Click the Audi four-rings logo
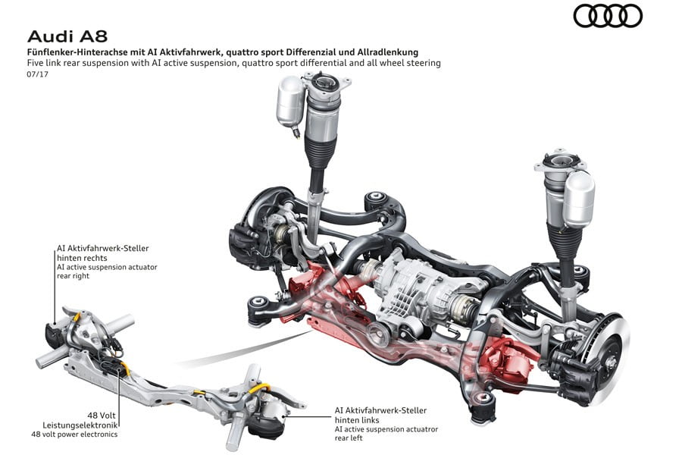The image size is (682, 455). tap(607, 16)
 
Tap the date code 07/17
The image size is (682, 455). tap(36, 75)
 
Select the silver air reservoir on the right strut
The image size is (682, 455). tap(580, 199)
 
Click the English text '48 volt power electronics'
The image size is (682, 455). tap(74, 434)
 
